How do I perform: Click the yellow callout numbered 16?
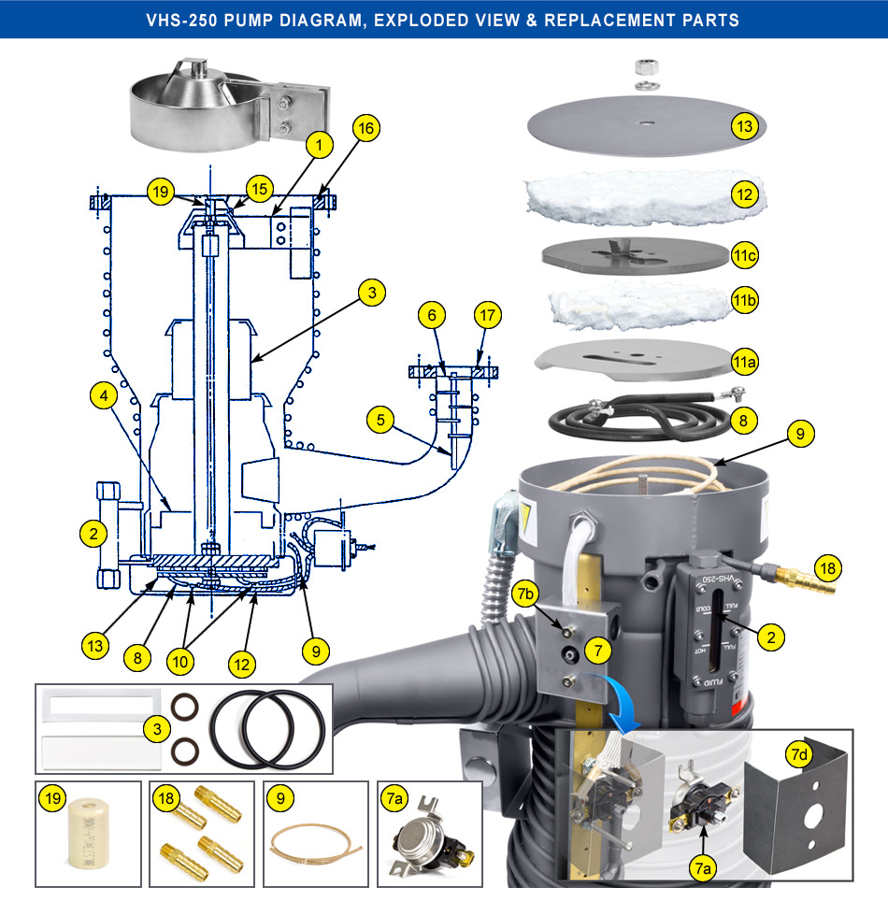click(x=367, y=129)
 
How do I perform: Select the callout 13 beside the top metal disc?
click(x=743, y=127)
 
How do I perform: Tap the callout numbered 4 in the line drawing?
click(x=104, y=397)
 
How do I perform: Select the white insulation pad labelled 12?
click(x=645, y=196)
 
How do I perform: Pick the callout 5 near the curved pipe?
click(x=379, y=422)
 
